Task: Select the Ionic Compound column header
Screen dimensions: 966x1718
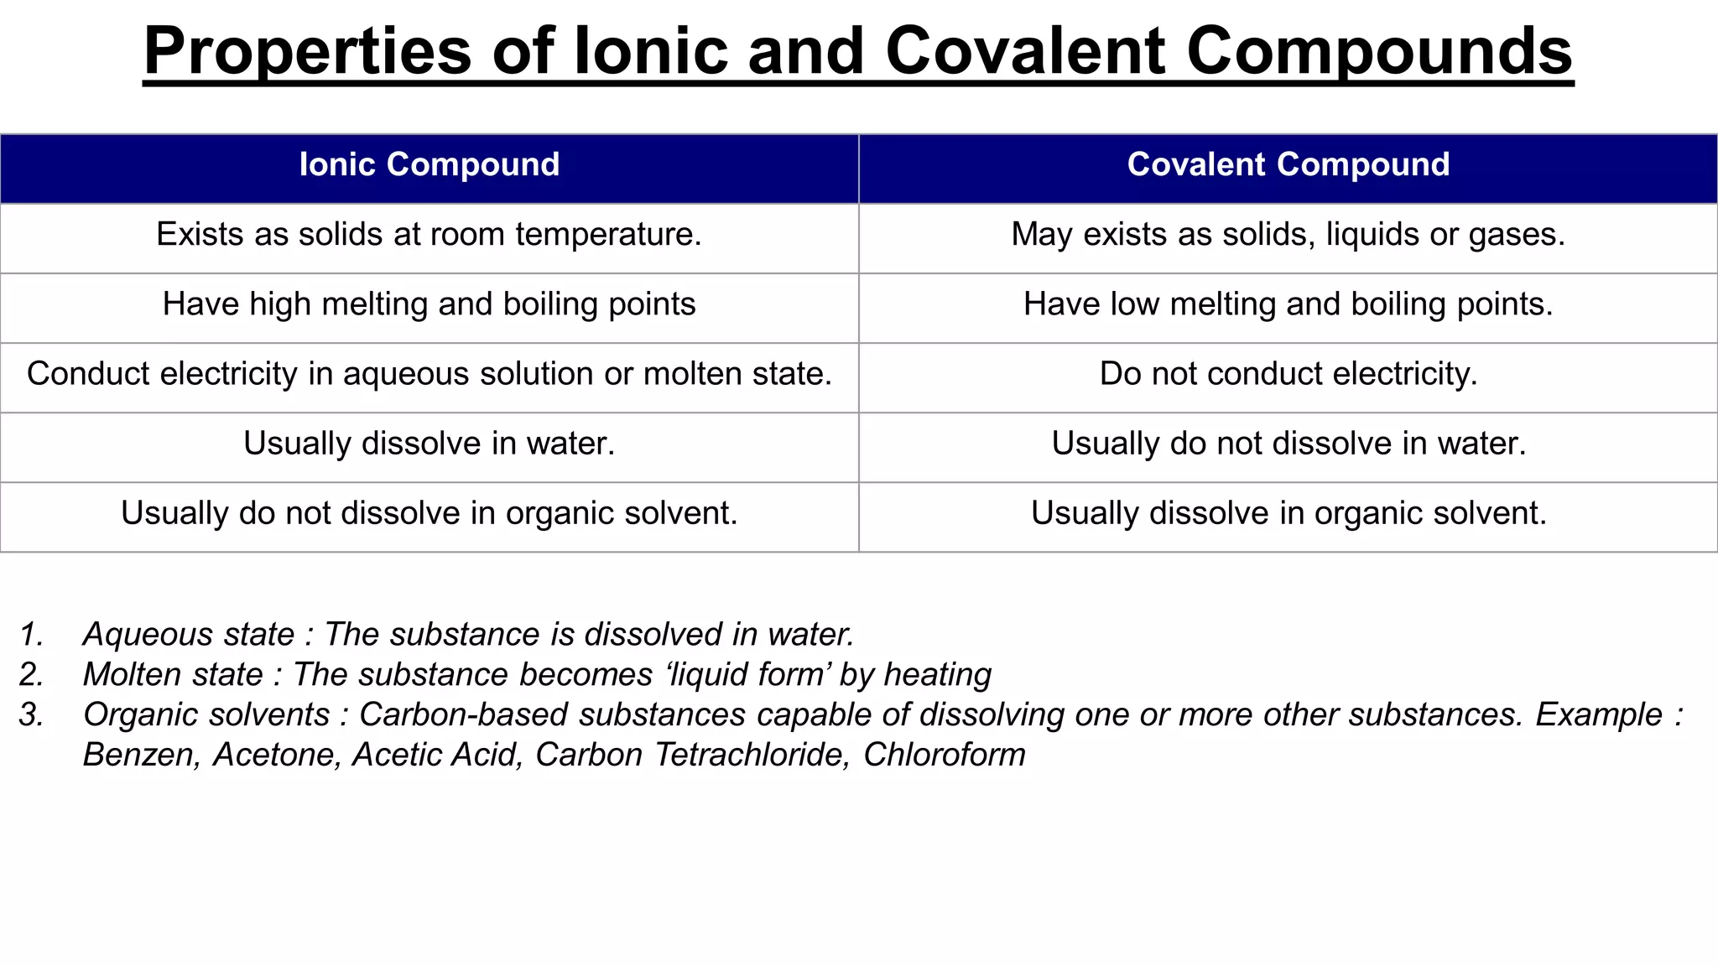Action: (x=429, y=165)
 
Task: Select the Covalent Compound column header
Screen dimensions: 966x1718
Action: (x=1288, y=165)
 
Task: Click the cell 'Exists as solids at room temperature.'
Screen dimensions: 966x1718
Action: (x=429, y=235)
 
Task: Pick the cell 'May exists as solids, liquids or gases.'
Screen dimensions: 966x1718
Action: (x=1288, y=235)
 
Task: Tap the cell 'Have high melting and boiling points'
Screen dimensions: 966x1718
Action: (x=429, y=304)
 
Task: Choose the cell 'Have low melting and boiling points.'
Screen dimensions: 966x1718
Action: (x=1288, y=304)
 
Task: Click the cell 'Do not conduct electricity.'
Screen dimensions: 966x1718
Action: (x=1288, y=374)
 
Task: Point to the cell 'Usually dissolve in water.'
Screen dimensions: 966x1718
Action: (x=429, y=444)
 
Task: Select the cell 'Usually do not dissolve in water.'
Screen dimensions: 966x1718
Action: (x=1288, y=444)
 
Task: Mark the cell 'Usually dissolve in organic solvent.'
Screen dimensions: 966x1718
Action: (x=1288, y=513)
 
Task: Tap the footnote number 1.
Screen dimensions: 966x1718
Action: (x=31, y=635)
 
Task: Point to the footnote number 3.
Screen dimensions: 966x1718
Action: (x=31, y=715)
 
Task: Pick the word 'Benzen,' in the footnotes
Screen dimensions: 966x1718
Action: (x=141, y=756)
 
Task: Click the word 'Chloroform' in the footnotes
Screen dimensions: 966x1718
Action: (x=944, y=756)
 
